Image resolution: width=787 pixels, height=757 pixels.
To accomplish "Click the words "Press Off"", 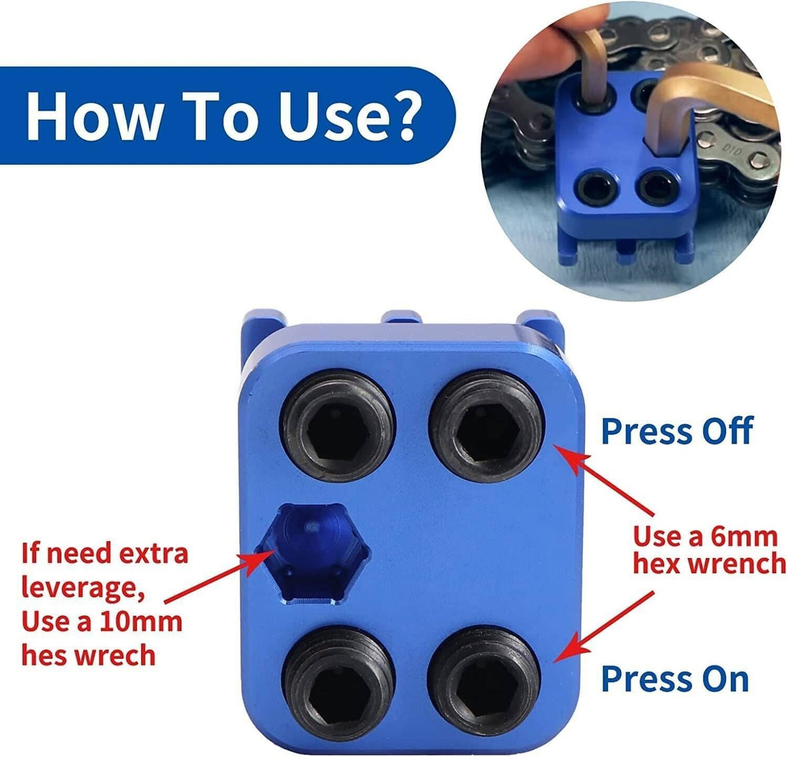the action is pyautogui.click(x=677, y=431).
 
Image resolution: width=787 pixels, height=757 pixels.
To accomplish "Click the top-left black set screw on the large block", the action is pyautogui.click(x=338, y=425).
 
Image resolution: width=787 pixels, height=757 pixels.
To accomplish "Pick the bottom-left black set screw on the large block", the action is pyautogui.click(x=338, y=684).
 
